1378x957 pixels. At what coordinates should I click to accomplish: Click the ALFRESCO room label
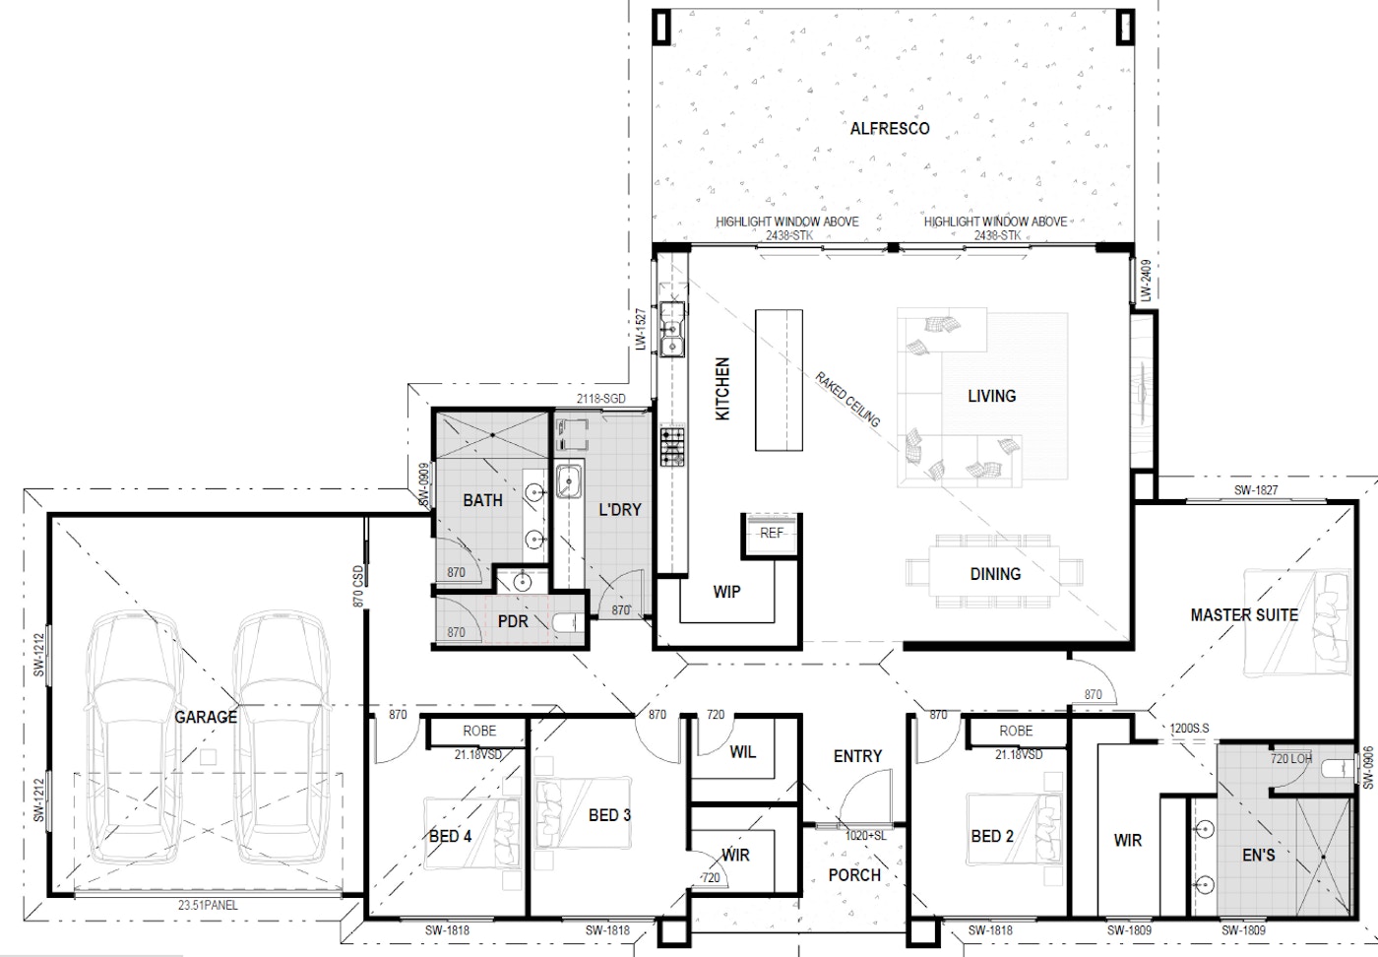(889, 129)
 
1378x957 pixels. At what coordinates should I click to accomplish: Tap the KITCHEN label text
(722, 389)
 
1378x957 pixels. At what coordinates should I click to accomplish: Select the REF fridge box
(771, 533)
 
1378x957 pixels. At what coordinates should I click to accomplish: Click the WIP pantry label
(726, 592)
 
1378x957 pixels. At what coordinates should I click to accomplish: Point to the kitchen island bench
(779, 380)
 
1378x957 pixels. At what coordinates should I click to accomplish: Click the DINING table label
(994, 574)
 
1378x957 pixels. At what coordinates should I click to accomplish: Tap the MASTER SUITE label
(1243, 615)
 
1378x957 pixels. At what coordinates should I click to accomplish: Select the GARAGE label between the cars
(206, 717)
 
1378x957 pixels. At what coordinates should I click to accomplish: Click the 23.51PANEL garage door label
(208, 905)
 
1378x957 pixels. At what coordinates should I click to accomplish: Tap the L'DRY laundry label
(619, 510)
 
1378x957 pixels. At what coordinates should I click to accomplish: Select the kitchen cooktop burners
(673, 446)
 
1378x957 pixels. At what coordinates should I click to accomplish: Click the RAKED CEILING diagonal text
(847, 399)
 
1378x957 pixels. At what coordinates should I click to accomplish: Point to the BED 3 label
(609, 815)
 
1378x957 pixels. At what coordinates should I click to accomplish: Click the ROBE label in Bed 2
(1016, 732)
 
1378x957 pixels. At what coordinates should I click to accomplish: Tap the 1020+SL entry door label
(865, 836)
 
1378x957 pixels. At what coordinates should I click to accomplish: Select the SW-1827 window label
(1256, 490)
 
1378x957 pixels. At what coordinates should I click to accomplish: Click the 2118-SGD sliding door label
(600, 400)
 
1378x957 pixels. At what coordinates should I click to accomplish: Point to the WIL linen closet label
(742, 752)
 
